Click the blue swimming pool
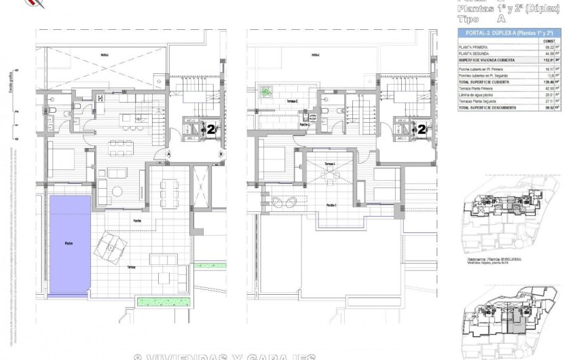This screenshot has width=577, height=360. click(69, 245)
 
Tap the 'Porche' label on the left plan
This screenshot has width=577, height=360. click(137, 220)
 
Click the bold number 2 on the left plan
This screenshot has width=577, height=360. click(211, 128)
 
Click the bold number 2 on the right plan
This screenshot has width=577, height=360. click(422, 128)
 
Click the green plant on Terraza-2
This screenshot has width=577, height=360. click(266, 91)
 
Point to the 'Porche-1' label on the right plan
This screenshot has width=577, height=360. click(332, 205)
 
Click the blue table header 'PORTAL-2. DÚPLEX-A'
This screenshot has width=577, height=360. click(506, 33)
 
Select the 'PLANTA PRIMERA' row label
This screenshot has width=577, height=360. click(473, 48)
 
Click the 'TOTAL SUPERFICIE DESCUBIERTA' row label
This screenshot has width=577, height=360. click(487, 107)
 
